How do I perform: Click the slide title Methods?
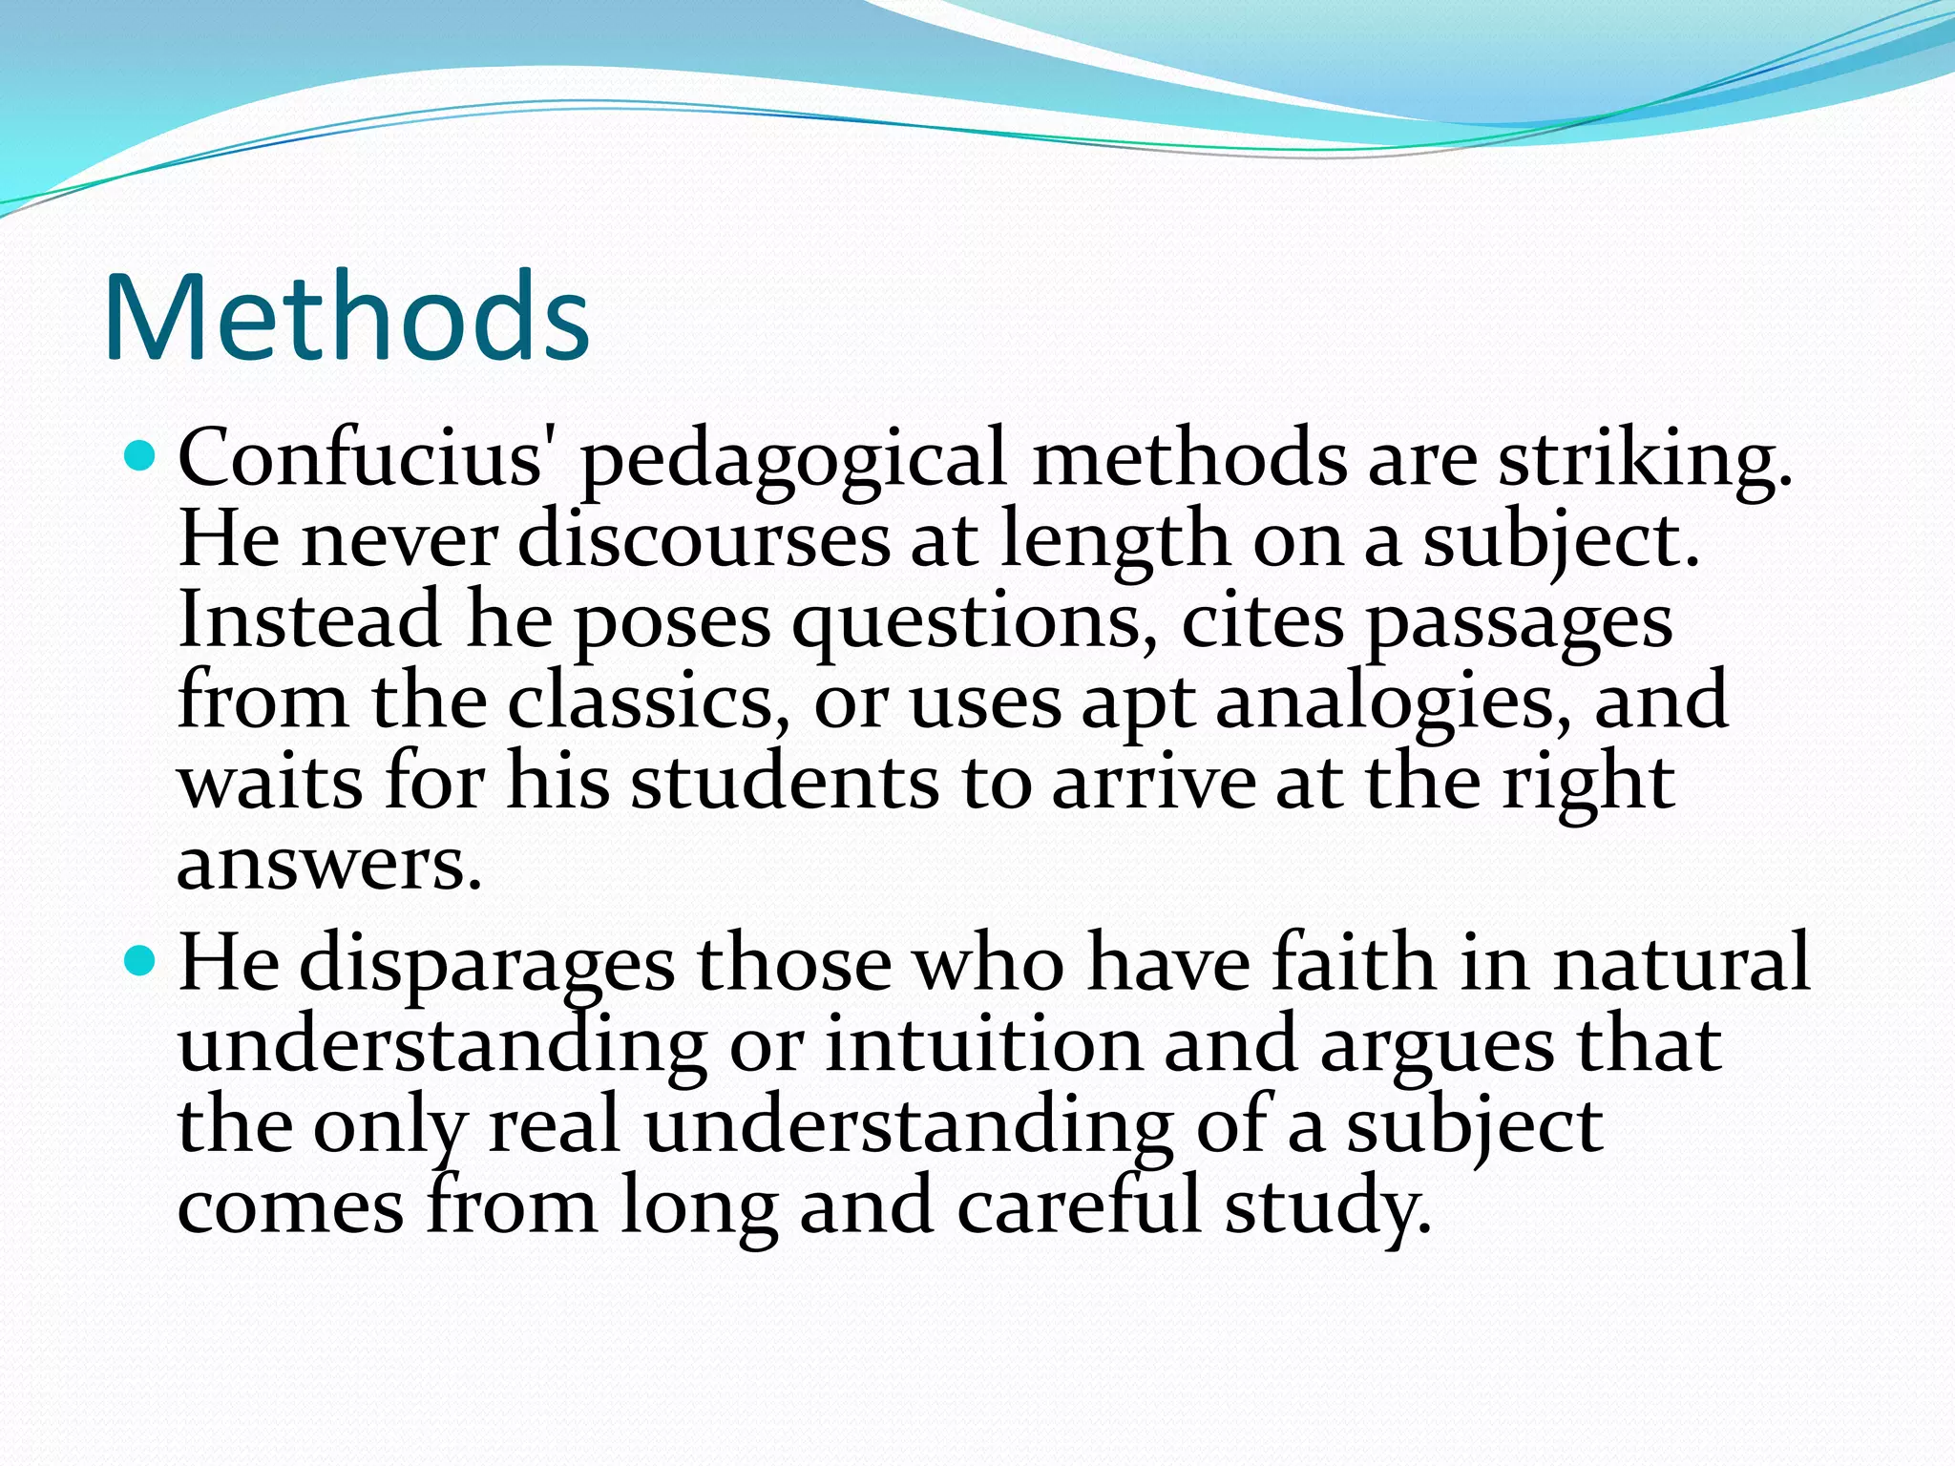click(x=346, y=317)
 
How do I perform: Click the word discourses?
click(x=704, y=540)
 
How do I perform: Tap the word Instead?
click(x=309, y=619)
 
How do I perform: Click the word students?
click(x=785, y=783)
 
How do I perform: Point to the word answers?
click(x=328, y=865)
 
